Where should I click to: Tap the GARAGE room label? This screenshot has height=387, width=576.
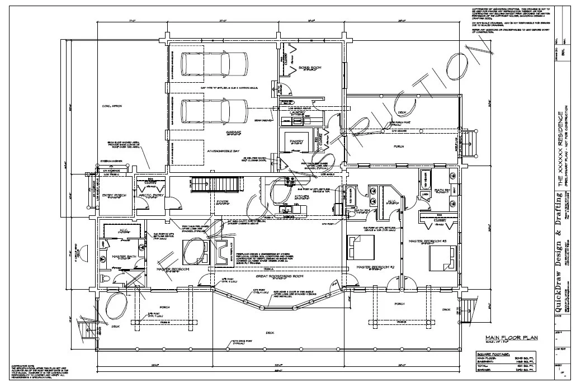(x=233, y=133)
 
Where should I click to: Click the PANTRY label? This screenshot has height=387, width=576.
(x=296, y=141)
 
